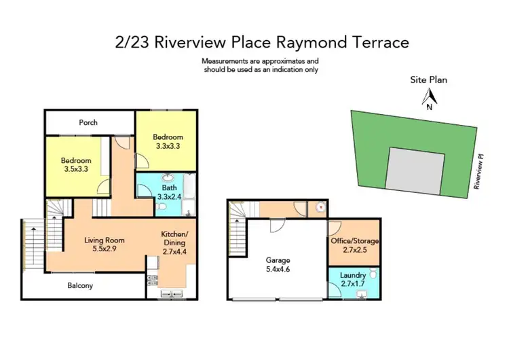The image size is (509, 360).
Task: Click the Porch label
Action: click(88, 122)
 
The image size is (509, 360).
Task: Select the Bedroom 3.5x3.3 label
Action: click(76, 165)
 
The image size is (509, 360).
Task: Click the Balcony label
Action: click(80, 285)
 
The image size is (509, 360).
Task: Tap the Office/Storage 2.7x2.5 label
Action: click(355, 245)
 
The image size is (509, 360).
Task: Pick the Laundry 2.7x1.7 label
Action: click(353, 278)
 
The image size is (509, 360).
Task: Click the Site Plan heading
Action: click(428, 79)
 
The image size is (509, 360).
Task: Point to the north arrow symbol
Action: click(428, 99)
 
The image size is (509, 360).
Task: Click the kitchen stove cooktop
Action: click(152, 278)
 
